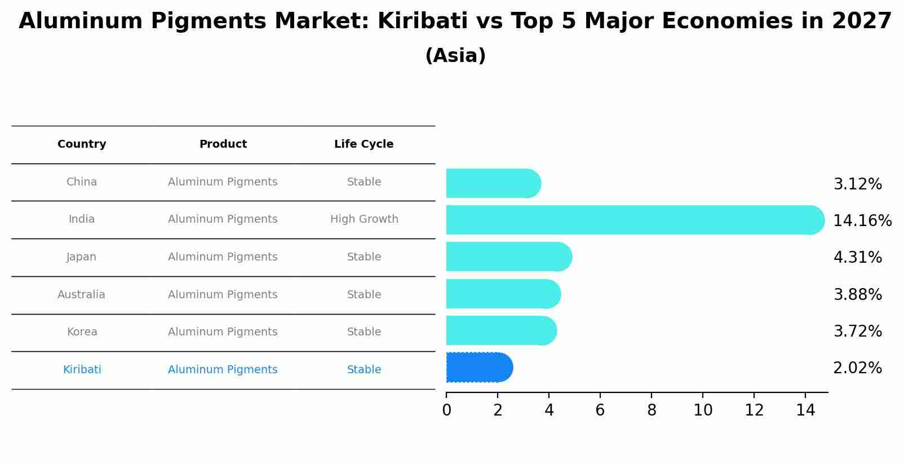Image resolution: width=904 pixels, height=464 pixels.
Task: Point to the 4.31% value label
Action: click(857, 258)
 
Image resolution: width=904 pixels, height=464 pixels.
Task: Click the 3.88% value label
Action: click(857, 294)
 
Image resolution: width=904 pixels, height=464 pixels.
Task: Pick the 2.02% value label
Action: click(857, 368)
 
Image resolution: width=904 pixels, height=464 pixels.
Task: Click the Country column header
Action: click(82, 144)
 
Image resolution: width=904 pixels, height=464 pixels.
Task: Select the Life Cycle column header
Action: click(364, 144)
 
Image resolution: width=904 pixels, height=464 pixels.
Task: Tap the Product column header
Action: click(223, 144)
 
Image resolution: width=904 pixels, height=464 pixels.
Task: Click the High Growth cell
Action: click(364, 219)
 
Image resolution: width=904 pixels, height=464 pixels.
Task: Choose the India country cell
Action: click(82, 219)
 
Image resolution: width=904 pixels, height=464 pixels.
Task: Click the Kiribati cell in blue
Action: click(82, 370)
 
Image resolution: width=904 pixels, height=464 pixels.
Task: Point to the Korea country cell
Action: click(82, 332)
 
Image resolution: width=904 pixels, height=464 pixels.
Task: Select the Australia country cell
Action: click(81, 295)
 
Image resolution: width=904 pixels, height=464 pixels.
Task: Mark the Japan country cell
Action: click(82, 257)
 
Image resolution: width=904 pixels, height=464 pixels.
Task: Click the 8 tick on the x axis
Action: click(652, 410)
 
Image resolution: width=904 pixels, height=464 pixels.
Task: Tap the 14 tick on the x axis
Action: click(805, 410)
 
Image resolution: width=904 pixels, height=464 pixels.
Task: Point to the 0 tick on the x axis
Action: click(446, 410)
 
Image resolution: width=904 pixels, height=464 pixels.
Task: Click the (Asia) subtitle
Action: click(455, 56)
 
